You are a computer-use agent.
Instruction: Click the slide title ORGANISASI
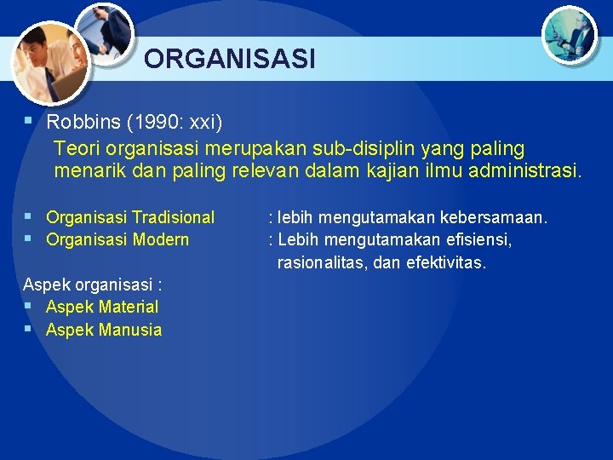click(230, 59)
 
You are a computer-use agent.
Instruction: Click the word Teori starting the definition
click(77, 148)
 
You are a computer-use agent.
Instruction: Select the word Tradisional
click(174, 217)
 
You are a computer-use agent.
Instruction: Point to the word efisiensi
click(478, 239)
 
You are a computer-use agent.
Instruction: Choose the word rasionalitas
click(323, 263)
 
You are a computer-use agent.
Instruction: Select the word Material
click(129, 307)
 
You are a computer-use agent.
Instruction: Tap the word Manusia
click(130, 330)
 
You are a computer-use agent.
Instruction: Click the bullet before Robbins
click(28, 122)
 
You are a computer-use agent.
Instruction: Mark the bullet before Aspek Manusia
click(28, 328)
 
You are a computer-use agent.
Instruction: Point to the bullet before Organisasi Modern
click(28, 238)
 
